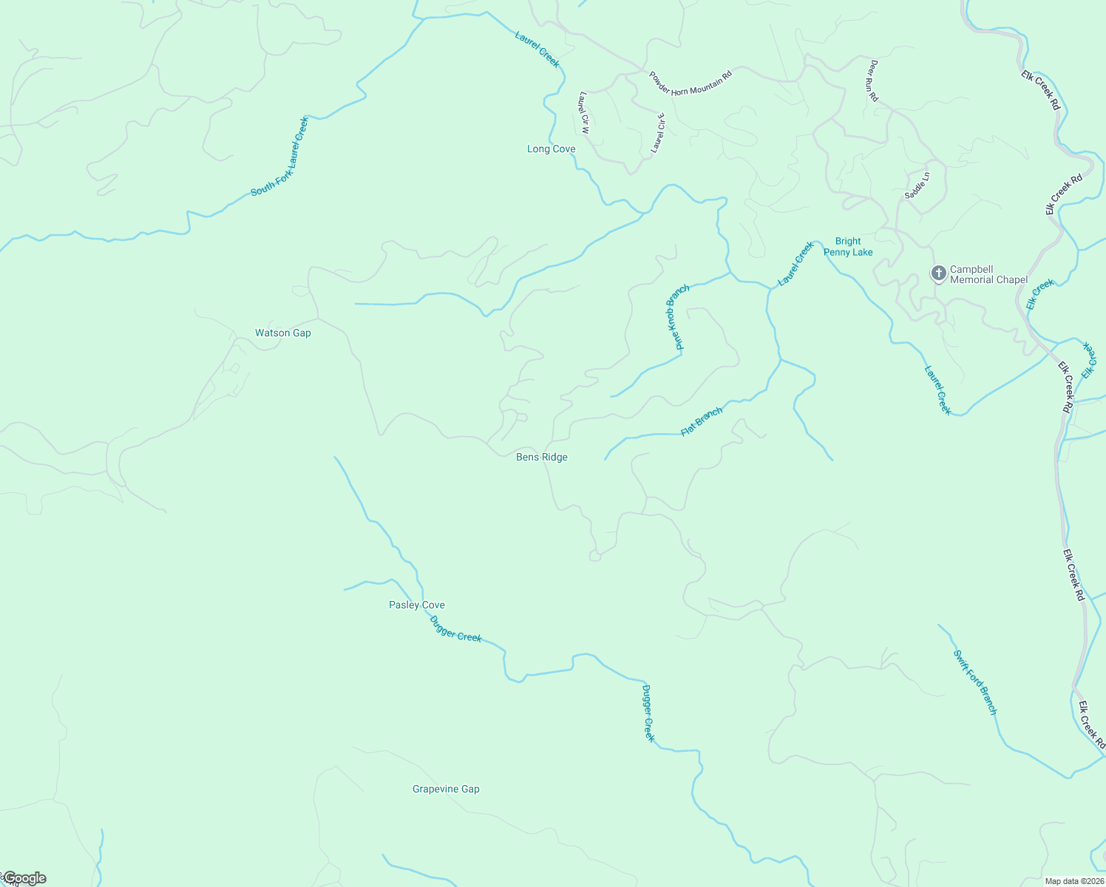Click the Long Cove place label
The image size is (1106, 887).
click(551, 149)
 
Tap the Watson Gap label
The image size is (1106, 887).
click(282, 333)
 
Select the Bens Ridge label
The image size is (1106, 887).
click(541, 458)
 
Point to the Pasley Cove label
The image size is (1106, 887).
click(416, 605)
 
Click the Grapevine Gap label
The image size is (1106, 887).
click(446, 789)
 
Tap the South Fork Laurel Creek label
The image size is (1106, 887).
click(279, 157)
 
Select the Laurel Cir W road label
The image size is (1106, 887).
click(584, 112)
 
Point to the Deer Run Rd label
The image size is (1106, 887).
click(873, 81)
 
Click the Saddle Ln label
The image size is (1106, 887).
click(917, 185)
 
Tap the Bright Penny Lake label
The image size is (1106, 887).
click(848, 247)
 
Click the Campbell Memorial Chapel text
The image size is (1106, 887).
click(988, 275)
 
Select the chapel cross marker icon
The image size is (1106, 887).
click(938, 273)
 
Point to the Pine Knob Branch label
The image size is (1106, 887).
click(677, 317)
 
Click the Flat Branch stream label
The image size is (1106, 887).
click(701, 422)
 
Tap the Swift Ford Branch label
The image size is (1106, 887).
click(975, 682)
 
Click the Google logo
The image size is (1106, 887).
click(24, 878)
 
